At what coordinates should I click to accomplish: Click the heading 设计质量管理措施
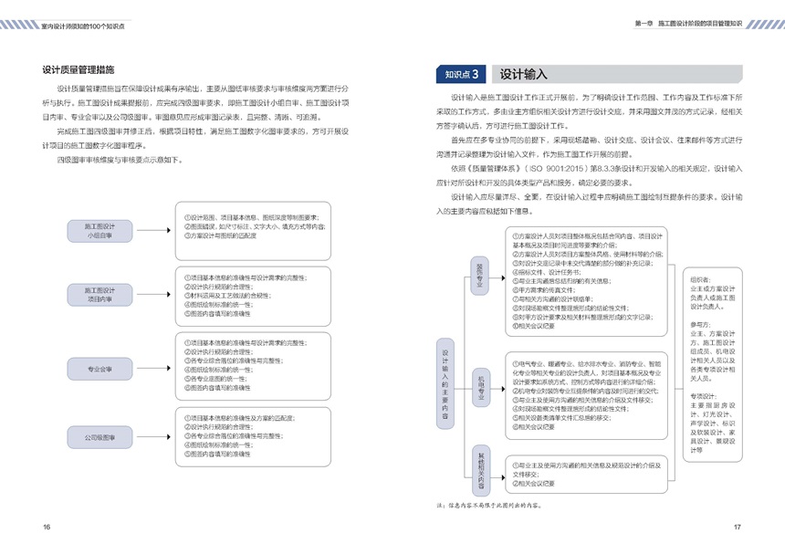[85, 69]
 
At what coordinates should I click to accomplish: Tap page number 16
[47, 527]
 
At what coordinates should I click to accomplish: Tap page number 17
[737, 527]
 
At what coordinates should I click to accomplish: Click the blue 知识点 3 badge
[462, 75]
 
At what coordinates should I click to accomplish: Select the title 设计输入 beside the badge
[523, 75]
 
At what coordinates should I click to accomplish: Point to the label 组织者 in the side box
[702, 279]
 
